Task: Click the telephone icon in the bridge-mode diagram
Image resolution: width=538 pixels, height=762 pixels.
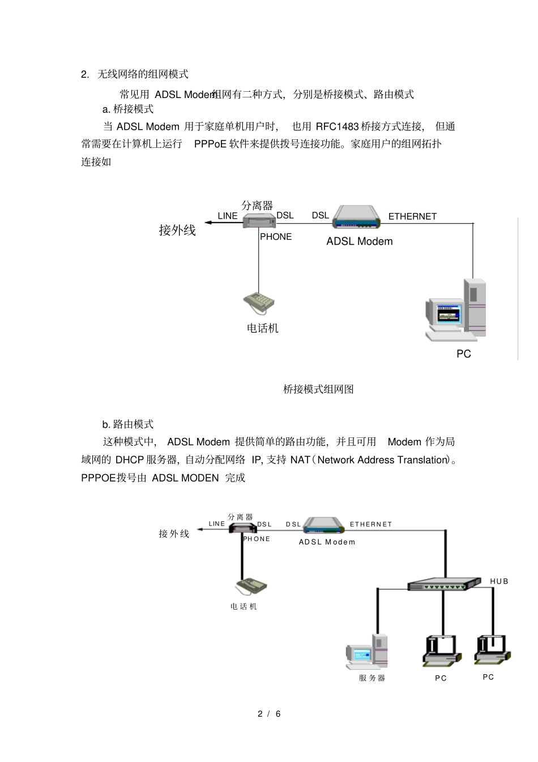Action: point(259,303)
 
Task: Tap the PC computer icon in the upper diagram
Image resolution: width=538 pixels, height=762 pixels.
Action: point(456,310)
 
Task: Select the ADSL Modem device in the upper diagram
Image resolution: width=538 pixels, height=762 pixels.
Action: point(357,216)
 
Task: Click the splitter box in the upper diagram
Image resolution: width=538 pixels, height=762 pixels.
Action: point(259,220)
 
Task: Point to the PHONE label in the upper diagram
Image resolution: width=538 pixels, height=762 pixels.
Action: point(276,237)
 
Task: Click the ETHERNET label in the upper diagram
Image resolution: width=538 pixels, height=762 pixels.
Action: point(412,216)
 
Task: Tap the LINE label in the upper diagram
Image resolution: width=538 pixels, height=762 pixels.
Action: point(228,216)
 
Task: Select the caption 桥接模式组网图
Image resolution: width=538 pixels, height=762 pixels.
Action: point(318,389)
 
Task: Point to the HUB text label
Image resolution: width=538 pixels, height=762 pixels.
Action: point(499,581)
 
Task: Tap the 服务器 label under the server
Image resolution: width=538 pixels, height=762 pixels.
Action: point(372,678)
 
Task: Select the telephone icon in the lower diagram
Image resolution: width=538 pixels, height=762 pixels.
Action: point(251,586)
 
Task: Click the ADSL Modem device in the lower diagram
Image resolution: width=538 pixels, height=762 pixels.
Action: point(323,525)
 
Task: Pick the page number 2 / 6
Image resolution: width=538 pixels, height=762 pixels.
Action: point(269,714)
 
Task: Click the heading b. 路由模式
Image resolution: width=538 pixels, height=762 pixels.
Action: point(128,424)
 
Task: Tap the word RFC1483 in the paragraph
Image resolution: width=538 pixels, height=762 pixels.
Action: point(337,126)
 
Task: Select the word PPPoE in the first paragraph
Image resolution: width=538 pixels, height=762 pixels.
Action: point(210,144)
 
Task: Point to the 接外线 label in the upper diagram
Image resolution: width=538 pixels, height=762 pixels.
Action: point(177,230)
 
